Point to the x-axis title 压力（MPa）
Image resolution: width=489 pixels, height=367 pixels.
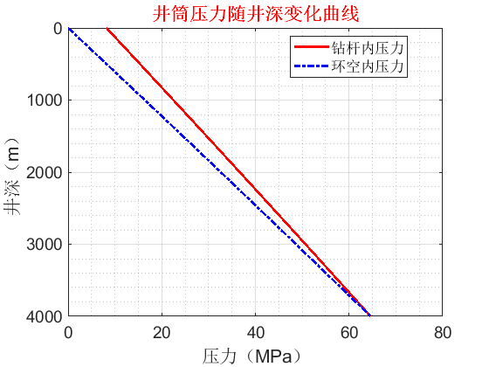[x=256, y=356]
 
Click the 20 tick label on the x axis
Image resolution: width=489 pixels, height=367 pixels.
[x=162, y=332]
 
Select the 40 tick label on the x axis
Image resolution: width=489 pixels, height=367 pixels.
[x=255, y=332]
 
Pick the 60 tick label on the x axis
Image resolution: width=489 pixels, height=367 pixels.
[x=348, y=332]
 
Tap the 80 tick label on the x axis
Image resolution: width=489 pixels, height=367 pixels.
[x=442, y=332]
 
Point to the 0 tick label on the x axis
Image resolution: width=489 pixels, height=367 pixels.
[x=68, y=332]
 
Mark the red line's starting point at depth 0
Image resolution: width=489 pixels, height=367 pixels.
[x=107, y=29]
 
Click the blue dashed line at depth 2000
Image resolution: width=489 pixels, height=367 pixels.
[x=219, y=172]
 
